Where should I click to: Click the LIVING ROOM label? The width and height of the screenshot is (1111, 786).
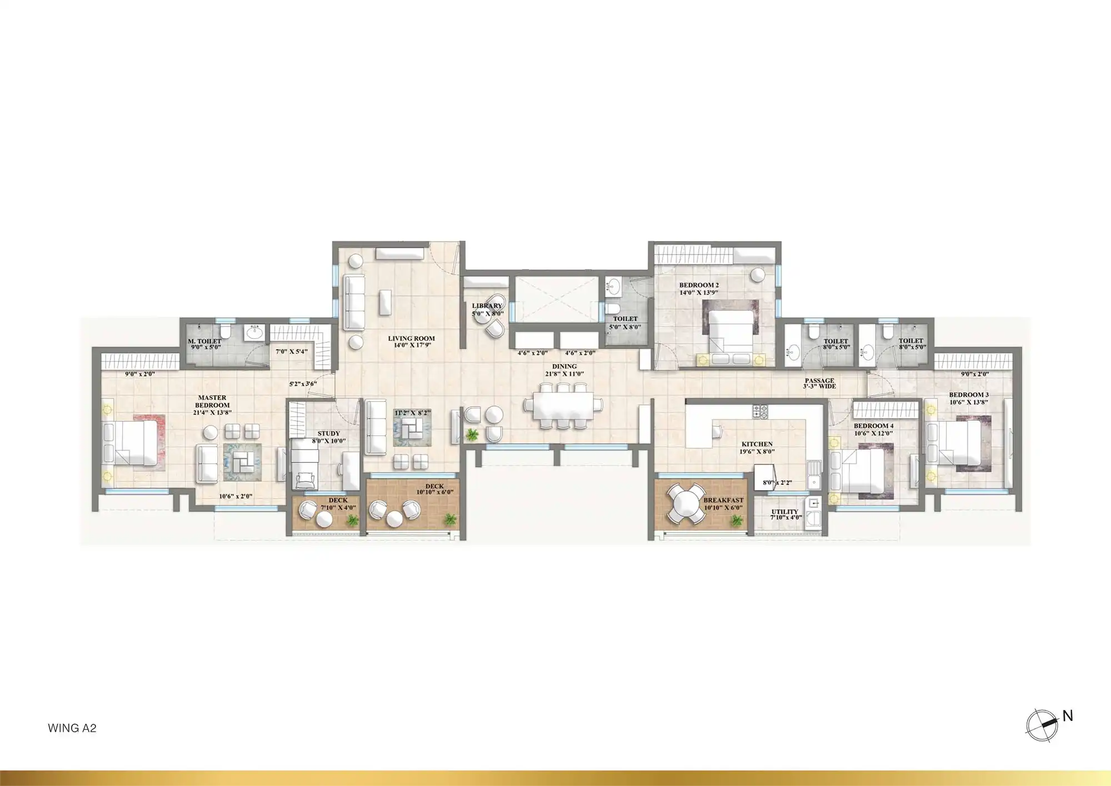click(411, 338)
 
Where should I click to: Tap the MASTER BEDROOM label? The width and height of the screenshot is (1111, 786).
click(212, 401)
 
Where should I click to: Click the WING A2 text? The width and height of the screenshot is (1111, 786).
click(72, 728)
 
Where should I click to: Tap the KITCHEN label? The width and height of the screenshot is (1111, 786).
click(757, 444)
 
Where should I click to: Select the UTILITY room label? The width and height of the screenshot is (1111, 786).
click(784, 511)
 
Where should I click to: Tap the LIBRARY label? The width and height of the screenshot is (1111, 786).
click(487, 306)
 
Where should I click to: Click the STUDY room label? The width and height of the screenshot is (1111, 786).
click(328, 434)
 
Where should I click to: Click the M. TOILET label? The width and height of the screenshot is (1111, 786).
click(204, 341)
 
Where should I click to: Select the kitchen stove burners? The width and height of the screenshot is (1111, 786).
click(760, 412)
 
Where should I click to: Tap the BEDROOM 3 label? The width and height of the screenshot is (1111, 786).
click(969, 395)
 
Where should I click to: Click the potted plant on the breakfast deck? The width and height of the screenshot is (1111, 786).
click(737, 520)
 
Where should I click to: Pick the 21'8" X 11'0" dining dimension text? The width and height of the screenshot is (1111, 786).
click(564, 374)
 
